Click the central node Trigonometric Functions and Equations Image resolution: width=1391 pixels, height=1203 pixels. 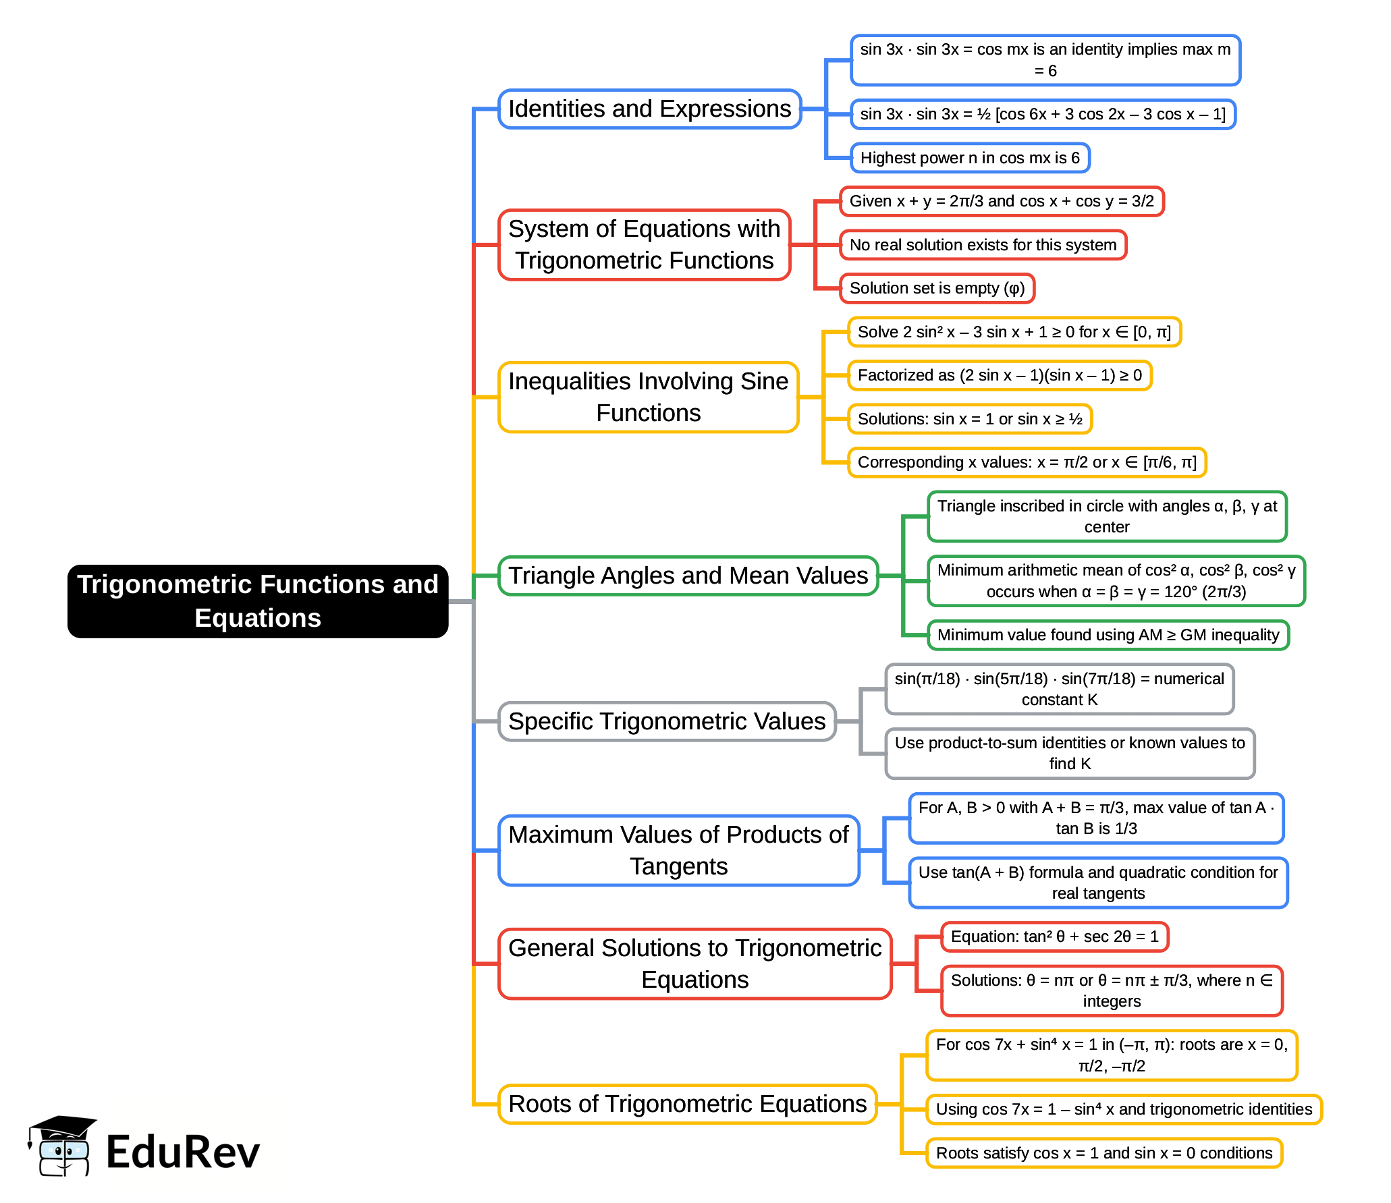pyautogui.click(x=258, y=601)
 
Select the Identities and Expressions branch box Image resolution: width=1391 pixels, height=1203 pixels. pyautogui.click(x=649, y=109)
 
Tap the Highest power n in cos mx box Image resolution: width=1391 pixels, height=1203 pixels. pyautogui.click(x=970, y=158)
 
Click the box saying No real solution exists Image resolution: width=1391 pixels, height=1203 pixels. pyautogui.click(x=983, y=245)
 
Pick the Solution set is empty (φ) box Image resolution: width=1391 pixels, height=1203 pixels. pyautogui.click(x=937, y=288)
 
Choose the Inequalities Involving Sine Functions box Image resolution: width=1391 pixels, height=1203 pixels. pyautogui.click(x=648, y=397)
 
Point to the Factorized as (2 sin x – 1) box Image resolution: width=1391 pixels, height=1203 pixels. pyautogui.click(x=999, y=375)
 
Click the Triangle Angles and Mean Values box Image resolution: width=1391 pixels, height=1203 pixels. pyautogui.click(x=688, y=576)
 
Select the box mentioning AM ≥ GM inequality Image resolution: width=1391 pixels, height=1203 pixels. pyautogui.click(x=1108, y=635)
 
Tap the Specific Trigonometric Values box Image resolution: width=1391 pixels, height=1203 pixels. pyautogui.click(x=667, y=721)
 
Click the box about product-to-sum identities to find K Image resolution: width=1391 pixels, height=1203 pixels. pyautogui.click(x=1070, y=753)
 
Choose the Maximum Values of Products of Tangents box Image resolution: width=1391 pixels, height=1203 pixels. pyautogui.click(x=678, y=850)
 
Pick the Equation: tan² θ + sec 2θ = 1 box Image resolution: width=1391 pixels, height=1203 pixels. pyautogui.click(x=1054, y=936)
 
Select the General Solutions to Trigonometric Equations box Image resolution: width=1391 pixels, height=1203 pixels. pyautogui.click(x=694, y=963)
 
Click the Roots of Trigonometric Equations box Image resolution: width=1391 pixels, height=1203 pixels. pyautogui.click(x=687, y=1104)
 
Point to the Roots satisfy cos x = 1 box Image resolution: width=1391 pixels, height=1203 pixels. pyautogui.click(x=1104, y=1153)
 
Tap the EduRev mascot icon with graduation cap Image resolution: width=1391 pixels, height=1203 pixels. pyautogui.click(x=62, y=1146)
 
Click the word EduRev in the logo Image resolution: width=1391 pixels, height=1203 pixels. pyautogui.click(x=183, y=1152)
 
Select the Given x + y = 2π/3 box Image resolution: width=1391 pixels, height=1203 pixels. pyautogui.click(x=1002, y=201)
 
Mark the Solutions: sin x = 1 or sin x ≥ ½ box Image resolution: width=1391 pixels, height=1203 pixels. pyautogui.click(x=969, y=419)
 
